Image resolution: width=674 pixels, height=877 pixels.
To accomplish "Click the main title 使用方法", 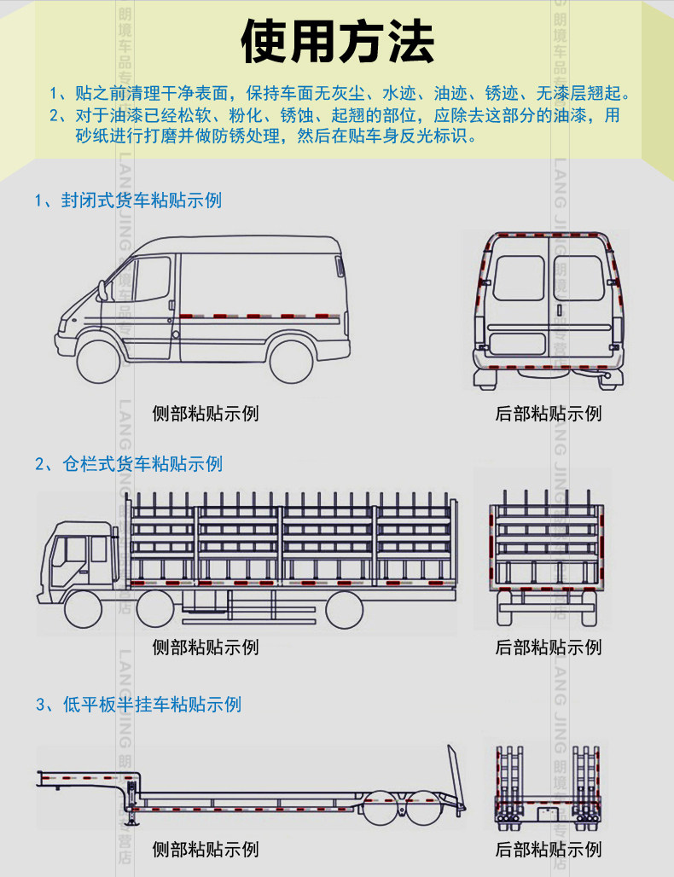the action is [x=338, y=41].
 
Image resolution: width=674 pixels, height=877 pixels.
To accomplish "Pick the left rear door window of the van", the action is [x=518, y=277].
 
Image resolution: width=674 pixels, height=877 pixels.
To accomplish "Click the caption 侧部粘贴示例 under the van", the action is [x=206, y=415].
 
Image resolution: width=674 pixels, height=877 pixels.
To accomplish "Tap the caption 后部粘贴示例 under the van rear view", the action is [x=549, y=415].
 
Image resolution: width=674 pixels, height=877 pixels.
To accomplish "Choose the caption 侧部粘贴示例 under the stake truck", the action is [x=206, y=648].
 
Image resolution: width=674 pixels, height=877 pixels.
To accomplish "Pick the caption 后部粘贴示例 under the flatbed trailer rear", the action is [x=549, y=850].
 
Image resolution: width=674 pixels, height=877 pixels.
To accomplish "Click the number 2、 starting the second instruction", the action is [x=58, y=114].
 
